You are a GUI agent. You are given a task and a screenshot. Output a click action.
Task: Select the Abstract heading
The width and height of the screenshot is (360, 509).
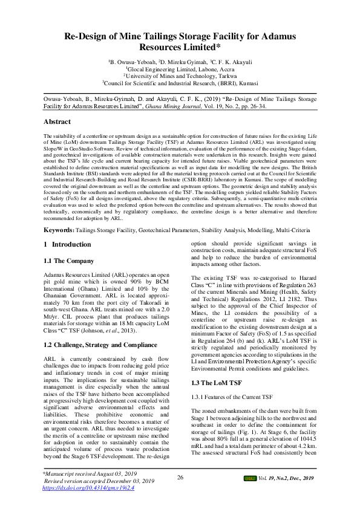59,122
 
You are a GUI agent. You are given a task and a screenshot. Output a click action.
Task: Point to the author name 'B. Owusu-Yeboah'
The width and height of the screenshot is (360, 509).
133,62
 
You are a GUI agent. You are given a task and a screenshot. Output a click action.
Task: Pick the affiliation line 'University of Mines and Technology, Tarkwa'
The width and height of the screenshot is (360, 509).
181,76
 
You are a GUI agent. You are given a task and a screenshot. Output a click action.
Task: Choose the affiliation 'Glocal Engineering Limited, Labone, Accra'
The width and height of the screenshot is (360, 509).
181,70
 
